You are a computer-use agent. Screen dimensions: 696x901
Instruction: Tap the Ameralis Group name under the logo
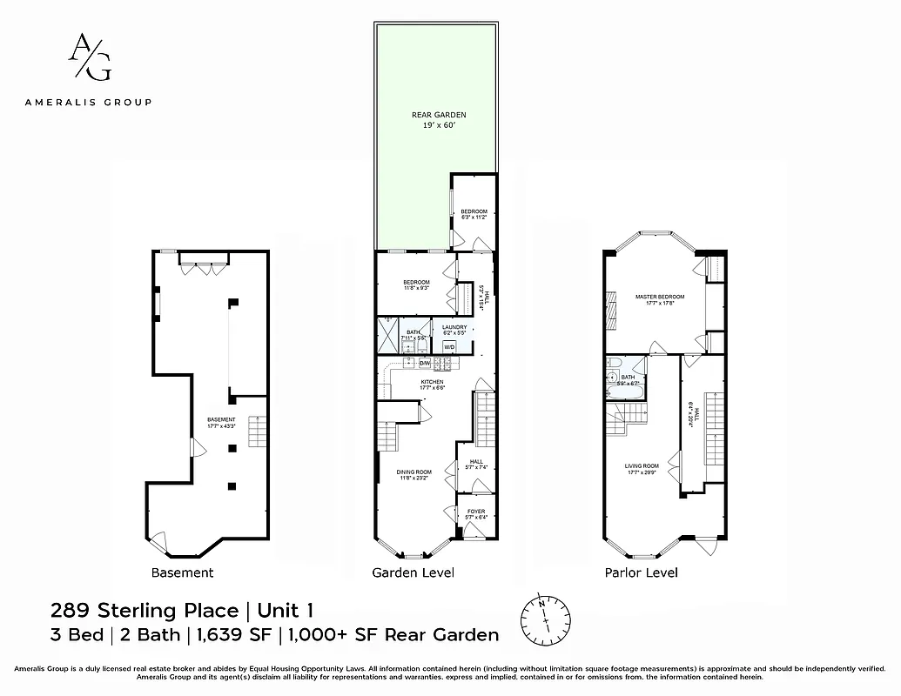click(x=89, y=102)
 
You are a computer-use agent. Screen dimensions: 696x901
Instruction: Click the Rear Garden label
click(x=439, y=120)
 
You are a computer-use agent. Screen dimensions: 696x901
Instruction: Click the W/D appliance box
click(x=449, y=346)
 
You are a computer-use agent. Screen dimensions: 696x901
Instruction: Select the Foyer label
click(x=476, y=513)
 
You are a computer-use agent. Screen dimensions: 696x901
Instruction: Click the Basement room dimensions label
click(x=221, y=423)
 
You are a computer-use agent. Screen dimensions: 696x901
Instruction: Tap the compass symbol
click(x=545, y=617)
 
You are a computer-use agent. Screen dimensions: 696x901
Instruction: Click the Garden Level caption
click(x=413, y=572)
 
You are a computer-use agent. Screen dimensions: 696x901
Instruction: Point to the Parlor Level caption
click(x=641, y=572)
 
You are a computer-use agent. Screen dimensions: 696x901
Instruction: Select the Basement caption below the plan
click(x=182, y=572)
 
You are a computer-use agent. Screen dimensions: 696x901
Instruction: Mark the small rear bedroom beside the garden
click(x=473, y=213)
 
